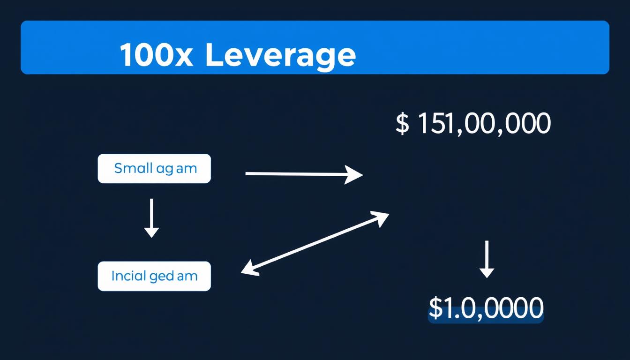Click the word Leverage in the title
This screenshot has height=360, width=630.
point(280,56)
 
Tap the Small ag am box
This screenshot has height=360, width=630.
point(154,168)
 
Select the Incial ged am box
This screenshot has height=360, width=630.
point(154,276)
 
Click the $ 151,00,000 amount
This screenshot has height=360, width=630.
point(473,124)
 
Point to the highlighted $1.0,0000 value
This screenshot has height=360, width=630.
point(486,309)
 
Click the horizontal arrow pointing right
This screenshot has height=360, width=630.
point(304,174)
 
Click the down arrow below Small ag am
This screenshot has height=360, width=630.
point(151,217)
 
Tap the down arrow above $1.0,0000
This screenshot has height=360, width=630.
point(487,259)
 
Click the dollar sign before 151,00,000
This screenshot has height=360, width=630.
point(402,124)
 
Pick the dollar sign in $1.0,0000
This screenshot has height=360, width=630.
point(435,308)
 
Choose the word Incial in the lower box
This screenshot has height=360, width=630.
point(129,276)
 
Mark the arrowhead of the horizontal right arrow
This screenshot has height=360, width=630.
point(355,174)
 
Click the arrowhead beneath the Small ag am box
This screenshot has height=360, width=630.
point(151,232)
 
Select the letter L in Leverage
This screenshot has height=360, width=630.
point(214,55)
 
